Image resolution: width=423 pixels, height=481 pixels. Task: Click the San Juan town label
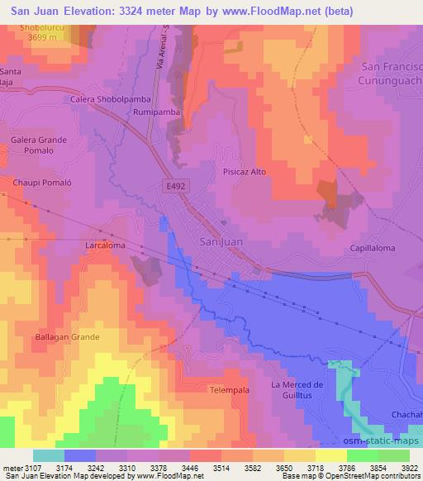click(221, 240)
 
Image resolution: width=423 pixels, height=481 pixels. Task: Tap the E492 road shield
click(171, 188)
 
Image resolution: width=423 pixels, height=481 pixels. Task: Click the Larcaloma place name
click(105, 245)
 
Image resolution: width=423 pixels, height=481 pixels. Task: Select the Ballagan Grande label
click(67, 337)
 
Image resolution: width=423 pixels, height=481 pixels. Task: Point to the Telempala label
click(229, 388)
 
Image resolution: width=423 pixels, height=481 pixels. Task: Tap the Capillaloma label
click(372, 248)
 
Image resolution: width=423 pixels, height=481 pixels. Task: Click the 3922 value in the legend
click(407, 468)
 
